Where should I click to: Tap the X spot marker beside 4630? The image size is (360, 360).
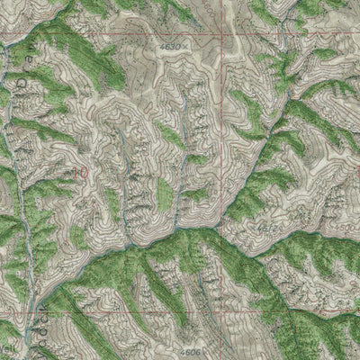point(186,43)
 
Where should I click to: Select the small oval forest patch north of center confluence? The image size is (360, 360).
point(164,193)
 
